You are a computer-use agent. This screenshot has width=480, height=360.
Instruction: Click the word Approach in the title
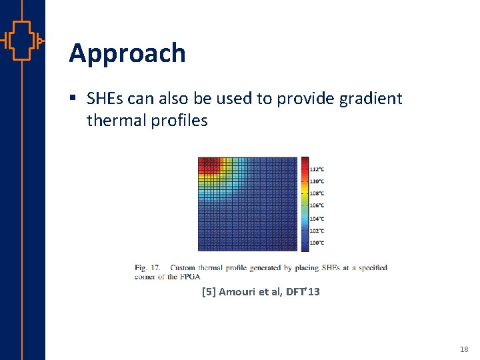pyautogui.click(x=127, y=53)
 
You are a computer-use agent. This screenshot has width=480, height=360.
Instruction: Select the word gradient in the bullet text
pyautogui.click(x=371, y=99)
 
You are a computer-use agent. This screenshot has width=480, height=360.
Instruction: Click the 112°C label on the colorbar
pyautogui.click(x=317, y=169)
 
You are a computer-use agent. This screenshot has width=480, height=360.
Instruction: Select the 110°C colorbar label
pyautogui.click(x=317, y=181)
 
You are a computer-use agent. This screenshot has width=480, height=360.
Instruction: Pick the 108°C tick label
pyautogui.click(x=317, y=193)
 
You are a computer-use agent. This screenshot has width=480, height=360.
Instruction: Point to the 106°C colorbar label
pyautogui.click(x=317, y=205)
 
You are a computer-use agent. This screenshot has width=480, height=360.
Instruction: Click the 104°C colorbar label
pyautogui.click(x=317, y=218)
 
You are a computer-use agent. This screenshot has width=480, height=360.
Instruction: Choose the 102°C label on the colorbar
pyautogui.click(x=317, y=231)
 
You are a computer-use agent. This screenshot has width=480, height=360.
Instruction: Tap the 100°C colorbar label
pyautogui.click(x=317, y=243)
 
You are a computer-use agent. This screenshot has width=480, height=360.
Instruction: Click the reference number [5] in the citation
pyautogui.click(x=208, y=291)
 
